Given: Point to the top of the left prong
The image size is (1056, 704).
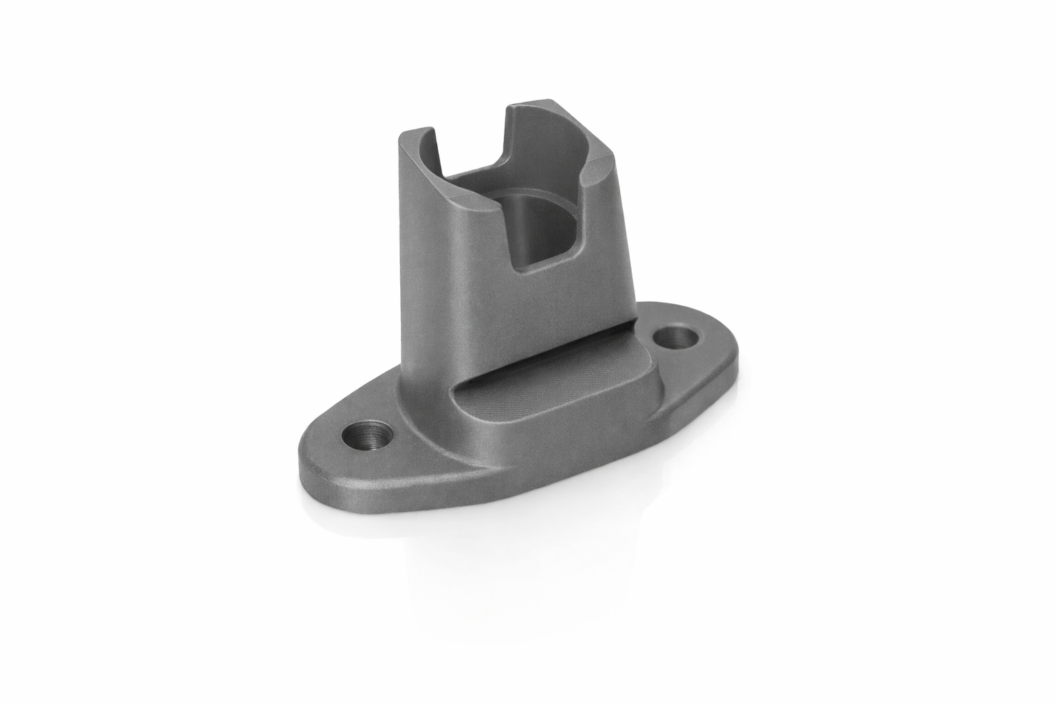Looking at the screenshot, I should click(417, 133).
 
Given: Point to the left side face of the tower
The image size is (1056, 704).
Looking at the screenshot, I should click(426, 275).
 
